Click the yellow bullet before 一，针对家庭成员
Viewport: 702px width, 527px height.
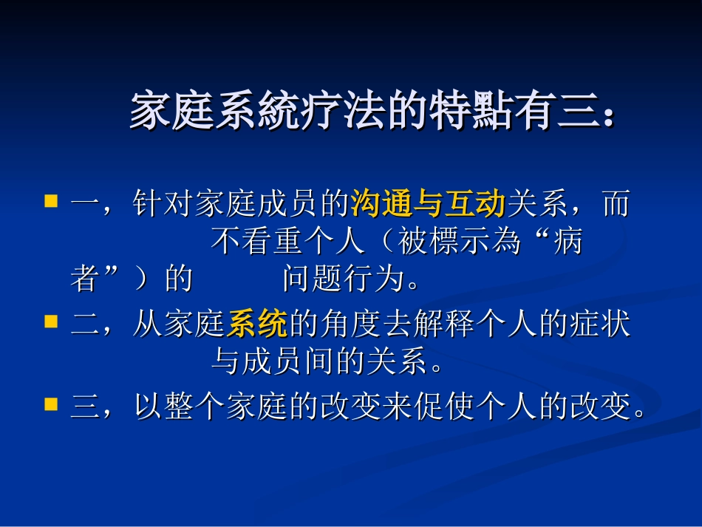51,201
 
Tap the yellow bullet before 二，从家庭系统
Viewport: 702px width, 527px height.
51,322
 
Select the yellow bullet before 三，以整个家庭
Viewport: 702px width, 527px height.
51,404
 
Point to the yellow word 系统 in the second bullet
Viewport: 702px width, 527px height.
257,324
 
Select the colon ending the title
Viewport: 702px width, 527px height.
607,117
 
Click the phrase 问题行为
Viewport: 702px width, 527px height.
344,280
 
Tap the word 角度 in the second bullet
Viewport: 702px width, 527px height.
350,324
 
